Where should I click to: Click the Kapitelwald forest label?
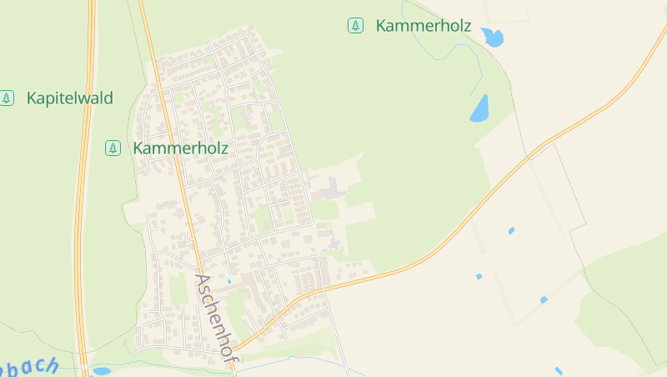click(x=69, y=98)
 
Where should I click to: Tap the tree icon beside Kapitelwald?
click(x=8, y=98)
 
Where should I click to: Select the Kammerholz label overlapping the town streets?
click(x=180, y=148)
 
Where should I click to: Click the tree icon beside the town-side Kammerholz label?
click(x=113, y=148)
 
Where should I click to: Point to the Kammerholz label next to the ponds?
click(x=424, y=26)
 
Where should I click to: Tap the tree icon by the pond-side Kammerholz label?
click(x=356, y=26)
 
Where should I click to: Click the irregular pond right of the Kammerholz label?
click(x=493, y=37)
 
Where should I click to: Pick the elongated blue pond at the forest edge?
click(x=479, y=108)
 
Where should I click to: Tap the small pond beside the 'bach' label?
click(x=101, y=370)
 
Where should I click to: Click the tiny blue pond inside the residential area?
click(x=229, y=281)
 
